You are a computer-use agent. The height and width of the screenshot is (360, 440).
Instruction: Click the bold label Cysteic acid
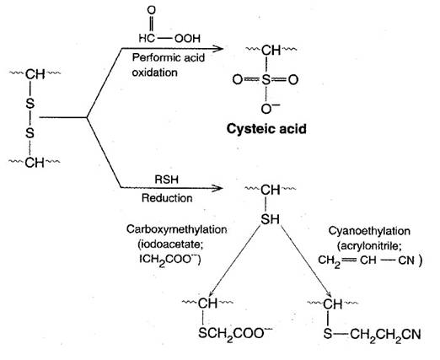pos(266,129)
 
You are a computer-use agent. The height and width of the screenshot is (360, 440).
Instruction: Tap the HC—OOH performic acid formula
pos(169,38)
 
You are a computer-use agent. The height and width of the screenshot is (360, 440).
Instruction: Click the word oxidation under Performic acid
pos(155,73)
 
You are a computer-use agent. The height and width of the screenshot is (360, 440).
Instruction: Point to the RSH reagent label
pos(167,180)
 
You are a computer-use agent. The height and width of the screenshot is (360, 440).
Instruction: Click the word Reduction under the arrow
pos(167,198)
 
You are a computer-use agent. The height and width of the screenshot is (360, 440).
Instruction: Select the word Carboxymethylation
pos(177,229)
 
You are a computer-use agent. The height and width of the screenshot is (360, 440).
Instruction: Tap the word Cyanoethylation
pos(369,231)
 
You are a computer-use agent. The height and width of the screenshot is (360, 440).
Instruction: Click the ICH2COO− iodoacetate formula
pos(170,260)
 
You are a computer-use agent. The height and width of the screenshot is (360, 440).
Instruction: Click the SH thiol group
pos(271,219)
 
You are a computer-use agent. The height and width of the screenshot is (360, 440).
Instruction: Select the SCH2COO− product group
pos(235,334)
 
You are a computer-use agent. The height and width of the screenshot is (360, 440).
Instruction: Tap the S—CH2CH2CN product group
pos(372,335)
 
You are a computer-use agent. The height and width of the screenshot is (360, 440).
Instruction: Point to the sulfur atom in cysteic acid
pos(266,80)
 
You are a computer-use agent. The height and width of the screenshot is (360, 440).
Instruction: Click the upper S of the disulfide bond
pos(30,104)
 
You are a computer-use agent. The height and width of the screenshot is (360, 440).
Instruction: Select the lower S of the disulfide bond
pos(30,132)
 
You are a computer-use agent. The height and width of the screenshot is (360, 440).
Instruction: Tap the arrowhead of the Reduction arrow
pos(217,188)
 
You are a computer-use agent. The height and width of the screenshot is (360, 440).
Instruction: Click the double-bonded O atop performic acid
pos(152,10)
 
